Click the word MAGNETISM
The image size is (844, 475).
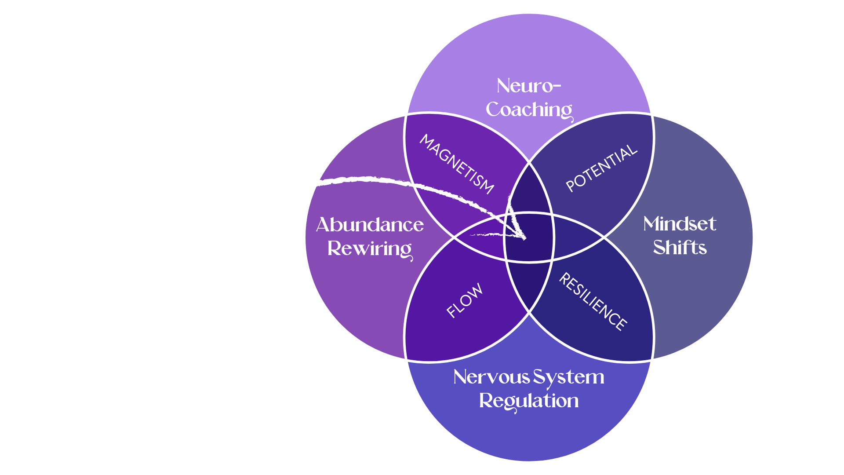click(457, 164)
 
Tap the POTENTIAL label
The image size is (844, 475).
click(601, 168)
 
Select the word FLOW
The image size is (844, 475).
click(465, 300)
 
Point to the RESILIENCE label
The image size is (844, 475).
click(593, 301)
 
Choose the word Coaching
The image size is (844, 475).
click(529, 110)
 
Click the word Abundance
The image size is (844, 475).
click(370, 225)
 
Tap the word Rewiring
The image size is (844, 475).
click(370, 249)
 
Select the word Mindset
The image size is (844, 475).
click(680, 224)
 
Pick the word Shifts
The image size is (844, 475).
click(680, 248)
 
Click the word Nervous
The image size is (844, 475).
click(491, 377)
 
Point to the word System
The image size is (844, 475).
click(568, 377)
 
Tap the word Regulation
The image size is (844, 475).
click(529, 401)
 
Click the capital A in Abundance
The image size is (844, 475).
click(324, 225)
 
